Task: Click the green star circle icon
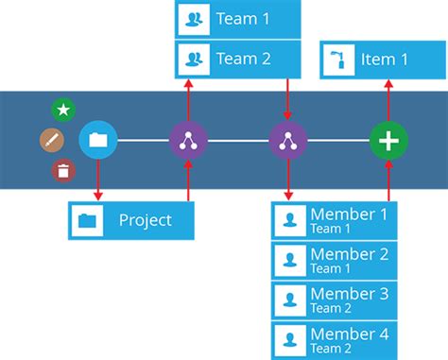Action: pyautogui.click(x=63, y=110)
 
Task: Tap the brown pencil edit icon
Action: pyautogui.click(x=51, y=141)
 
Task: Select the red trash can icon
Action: pyautogui.click(x=63, y=171)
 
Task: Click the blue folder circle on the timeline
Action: pyautogui.click(x=97, y=141)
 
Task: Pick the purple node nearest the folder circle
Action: pyautogui.click(x=188, y=141)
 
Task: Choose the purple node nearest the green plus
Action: pyautogui.click(x=287, y=141)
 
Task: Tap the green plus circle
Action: pyautogui.click(x=388, y=141)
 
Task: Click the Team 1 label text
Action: pyautogui.click(x=243, y=18)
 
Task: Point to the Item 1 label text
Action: pyautogui.click(x=385, y=60)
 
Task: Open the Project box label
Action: pyautogui.click(x=145, y=220)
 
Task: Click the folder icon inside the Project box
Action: pyautogui.click(x=88, y=220)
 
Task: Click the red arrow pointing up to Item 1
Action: pyautogui.click(x=388, y=99)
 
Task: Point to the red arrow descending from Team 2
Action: pyautogui.click(x=287, y=99)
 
